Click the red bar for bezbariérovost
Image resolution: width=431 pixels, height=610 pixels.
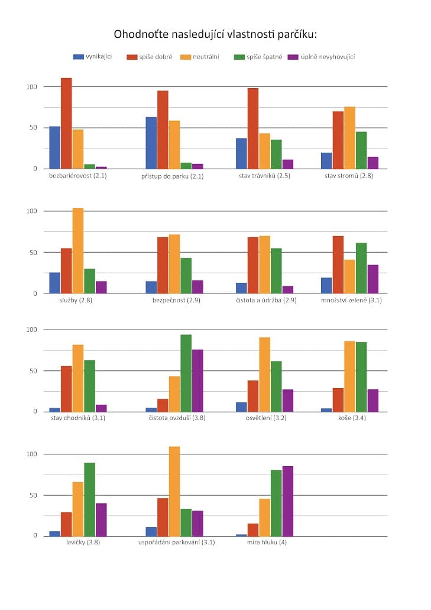pyautogui.click(x=66, y=123)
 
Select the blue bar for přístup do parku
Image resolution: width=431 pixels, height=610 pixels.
pyautogui.click(x=151, y=143)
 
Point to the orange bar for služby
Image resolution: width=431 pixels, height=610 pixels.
pyautogui.click(x=78, y=251)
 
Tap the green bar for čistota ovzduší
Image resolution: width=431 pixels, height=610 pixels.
pyautogui.click(x=186, y=373)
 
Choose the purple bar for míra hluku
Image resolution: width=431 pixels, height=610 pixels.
pyautogui.click(x=288, y=501)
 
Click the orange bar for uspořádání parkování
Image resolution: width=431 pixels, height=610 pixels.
pyautogui.click(x=174, y=491)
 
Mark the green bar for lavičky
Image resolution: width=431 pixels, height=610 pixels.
pyautogui.click(x=89, y=499)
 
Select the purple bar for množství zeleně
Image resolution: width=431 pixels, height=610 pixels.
pyautogui.click(x=372, y=279)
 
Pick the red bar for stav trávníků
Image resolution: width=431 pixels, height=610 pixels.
pyautogui.click(x=253, y=128)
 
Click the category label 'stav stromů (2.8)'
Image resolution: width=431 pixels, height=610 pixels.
pyautogui.click(x=349, y=176)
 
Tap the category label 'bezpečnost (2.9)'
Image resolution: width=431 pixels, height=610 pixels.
pyautogui.click(x=174, y=300)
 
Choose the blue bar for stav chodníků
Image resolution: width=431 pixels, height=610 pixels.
pyautogui.click(x=54, y=409)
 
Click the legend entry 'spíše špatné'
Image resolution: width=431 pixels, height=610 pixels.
pyautogui.click(x=264, y=57)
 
